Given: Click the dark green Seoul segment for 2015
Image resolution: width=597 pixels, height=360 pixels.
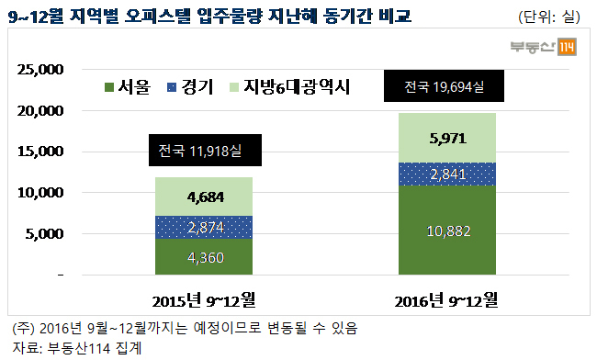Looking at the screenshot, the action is tap(204, 256).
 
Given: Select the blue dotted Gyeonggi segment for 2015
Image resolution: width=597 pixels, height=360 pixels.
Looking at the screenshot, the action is tap(204, 227).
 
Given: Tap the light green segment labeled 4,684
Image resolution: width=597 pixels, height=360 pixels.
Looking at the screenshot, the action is tap(204, 197).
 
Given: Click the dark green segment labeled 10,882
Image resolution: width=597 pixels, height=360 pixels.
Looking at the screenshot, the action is tap(447, 230).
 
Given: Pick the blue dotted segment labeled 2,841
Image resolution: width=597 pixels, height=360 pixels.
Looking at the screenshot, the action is tap(447, 174).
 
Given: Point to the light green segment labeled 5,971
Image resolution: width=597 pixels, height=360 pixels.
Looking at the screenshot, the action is tap(447, 138).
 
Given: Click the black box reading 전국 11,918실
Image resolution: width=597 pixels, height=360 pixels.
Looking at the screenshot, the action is tap(205, 150).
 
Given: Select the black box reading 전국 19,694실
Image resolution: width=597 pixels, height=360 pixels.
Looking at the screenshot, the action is tap(444, 85).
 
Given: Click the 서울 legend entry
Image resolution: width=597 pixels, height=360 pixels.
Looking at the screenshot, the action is tap(128, 87).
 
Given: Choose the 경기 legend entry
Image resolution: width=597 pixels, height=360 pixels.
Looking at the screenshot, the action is tap(190, 87).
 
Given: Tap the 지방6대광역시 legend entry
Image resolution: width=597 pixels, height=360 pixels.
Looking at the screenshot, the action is tap(289, 87).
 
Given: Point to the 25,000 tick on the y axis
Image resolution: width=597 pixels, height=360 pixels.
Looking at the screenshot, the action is tap(40, 70).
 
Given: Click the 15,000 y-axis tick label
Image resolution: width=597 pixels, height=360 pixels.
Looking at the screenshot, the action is tap(40, 152).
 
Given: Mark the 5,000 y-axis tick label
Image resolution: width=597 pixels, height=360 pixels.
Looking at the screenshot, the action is tap(44, 233).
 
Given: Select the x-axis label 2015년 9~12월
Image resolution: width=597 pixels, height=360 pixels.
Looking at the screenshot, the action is tap(204, 300).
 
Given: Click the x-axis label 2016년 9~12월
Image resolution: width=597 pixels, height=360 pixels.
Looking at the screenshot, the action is tap(446, 300).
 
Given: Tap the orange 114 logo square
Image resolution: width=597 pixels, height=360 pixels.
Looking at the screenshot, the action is tap(567, 47).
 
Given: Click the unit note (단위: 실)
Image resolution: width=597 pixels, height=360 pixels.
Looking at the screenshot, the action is tap(549, 17).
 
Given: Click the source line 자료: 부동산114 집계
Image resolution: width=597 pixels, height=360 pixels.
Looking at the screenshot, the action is tap(77, 348).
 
